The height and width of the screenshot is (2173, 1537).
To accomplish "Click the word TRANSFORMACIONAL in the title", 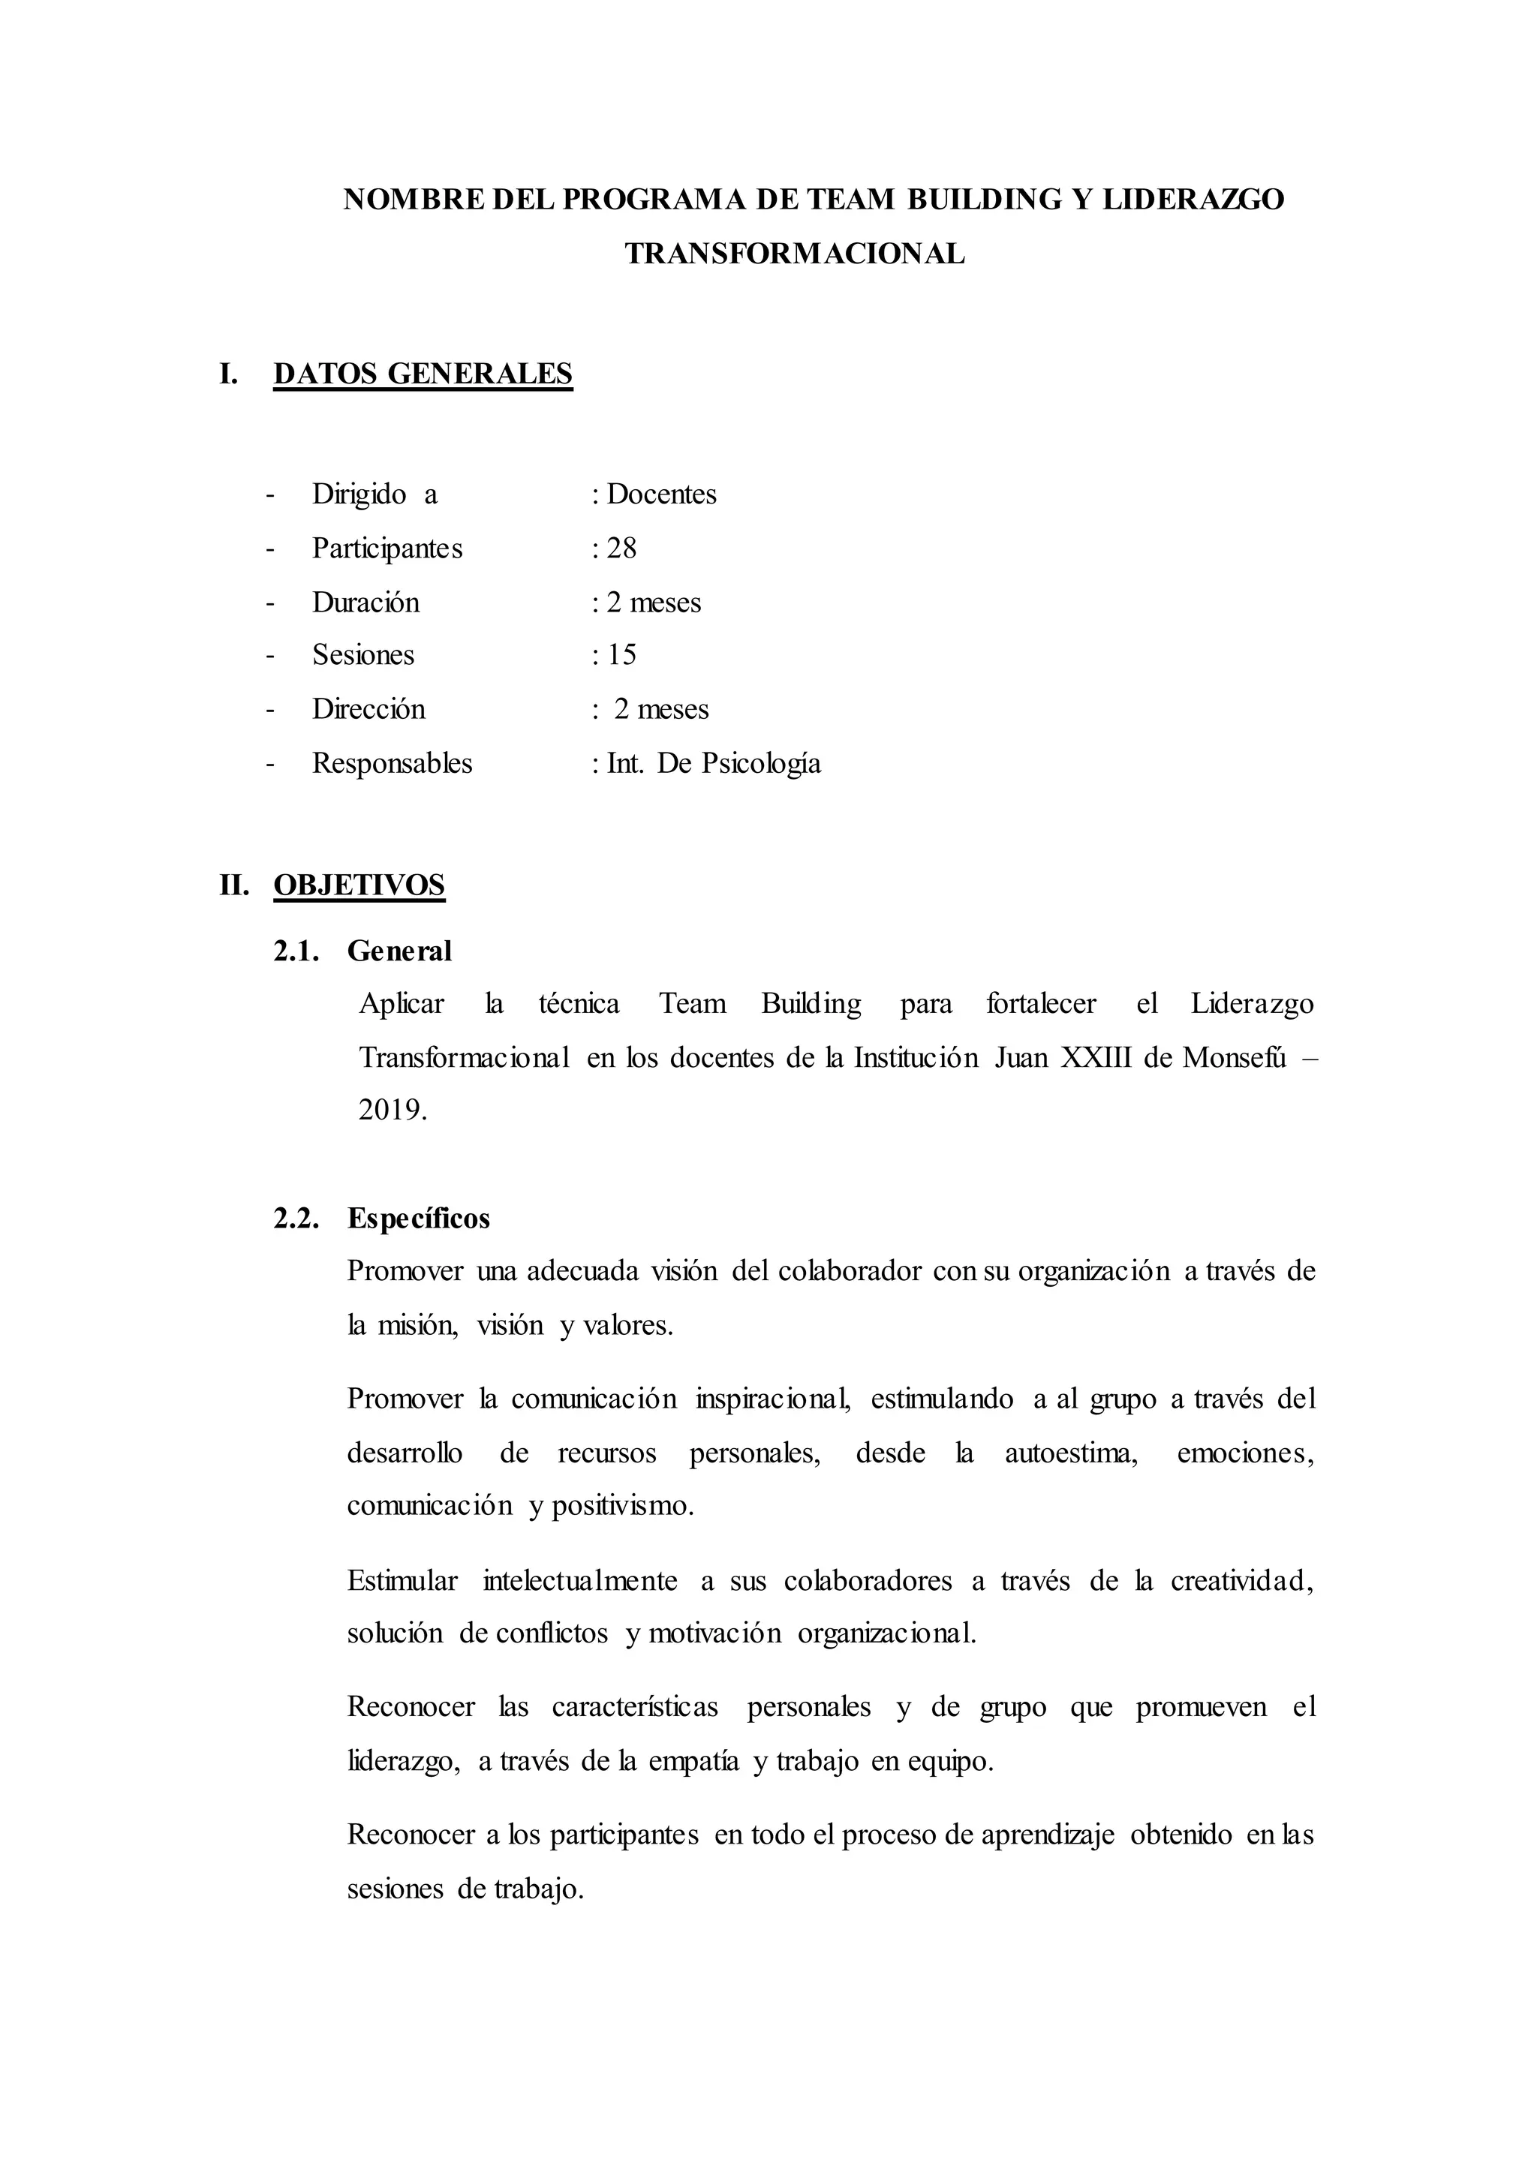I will (794, 254).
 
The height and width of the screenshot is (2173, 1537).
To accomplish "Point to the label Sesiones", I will (363, 655).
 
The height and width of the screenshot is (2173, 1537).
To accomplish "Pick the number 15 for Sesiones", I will (622, 655).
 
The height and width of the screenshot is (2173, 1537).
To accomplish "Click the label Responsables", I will (392, 763).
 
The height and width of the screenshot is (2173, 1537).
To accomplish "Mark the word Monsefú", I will (1234, 1057).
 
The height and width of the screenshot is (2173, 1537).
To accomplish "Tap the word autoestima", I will (1070, 1453).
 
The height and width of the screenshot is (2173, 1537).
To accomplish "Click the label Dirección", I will (368, 709).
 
